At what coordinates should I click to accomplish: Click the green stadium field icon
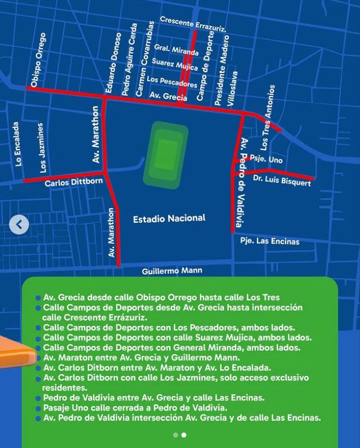pos(165,154)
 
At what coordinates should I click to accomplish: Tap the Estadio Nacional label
pos(169,219)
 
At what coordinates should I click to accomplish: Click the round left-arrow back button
pos(19,225)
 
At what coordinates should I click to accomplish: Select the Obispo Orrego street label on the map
pos(39,60)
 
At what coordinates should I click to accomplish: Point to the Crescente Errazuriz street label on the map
pos(192,24)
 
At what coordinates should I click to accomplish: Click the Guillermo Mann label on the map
pos(171,271)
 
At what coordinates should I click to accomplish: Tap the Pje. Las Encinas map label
pos(270,241)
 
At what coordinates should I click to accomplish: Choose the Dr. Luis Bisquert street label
pos(282,180)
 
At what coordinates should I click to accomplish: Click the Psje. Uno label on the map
pos(266,159)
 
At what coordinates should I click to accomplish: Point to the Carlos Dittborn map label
pos(73,182)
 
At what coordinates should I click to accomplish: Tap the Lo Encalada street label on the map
pos(18,144)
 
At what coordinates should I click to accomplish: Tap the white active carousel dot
pos(184,435)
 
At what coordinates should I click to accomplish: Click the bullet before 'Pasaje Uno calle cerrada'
pos(38,409)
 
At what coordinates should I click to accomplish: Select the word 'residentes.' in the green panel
pos(65,388)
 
